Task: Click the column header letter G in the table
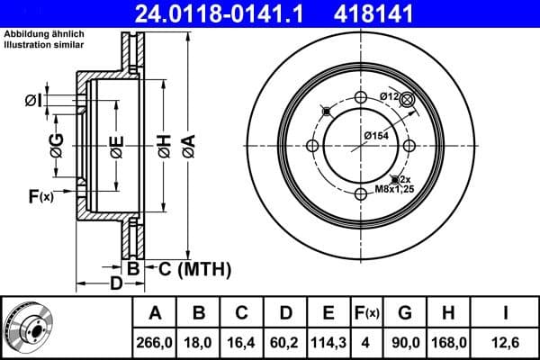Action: click(x=405, y=313)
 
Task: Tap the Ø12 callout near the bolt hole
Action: click(x=389, y=96)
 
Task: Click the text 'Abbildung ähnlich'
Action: click(x=40, y=34)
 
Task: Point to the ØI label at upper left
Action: click(x=32, y=99)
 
